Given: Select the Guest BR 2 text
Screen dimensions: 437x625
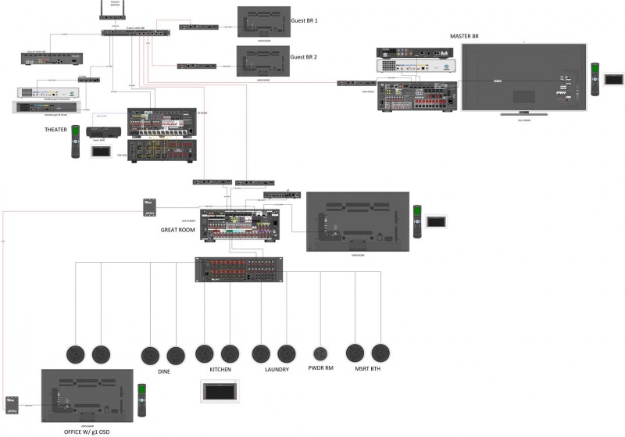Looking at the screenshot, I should [305, 57].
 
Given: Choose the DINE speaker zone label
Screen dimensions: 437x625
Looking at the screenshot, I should [163, 372].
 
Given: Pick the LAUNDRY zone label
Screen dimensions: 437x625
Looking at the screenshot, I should [277, 369].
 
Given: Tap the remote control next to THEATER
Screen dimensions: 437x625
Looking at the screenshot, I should [76, 141].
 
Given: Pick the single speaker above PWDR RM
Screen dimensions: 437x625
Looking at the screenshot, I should [320, 353].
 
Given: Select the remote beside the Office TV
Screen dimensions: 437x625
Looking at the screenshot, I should [142, 399].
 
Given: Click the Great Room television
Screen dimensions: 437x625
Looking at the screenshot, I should [357, 220].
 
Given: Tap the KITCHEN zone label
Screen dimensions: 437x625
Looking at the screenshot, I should [220, 369].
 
